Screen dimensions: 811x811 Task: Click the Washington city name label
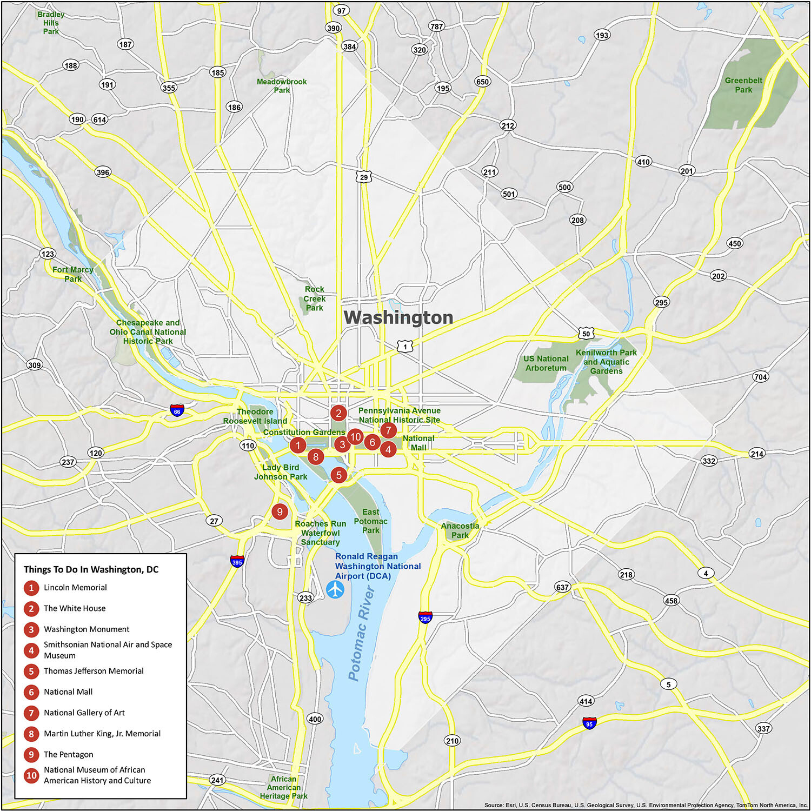[x=398, y=317]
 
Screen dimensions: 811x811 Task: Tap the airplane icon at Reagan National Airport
[x=335, y=589]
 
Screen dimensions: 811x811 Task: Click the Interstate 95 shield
[x=589, y=723]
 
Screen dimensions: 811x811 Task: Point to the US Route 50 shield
[x=586, y=334]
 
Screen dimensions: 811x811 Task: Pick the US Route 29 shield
[x=364, y=177]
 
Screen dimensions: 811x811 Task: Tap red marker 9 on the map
[x=280, y=511]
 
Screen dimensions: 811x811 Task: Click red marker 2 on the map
[x=338, y=414]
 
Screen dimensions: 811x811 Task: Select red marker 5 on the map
[x=338, y=475]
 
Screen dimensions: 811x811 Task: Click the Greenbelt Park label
[x=743, y=85]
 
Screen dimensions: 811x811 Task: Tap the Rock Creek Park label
[x=314, y=298]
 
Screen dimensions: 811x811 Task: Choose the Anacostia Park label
[x=460, y=530]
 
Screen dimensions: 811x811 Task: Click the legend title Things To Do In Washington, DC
[x=91, y=569]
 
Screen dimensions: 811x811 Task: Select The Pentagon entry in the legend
[x=68, y=754]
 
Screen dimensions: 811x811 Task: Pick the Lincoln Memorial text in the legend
[x=75, y=588]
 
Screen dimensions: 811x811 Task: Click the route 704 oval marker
[x=760, y=377]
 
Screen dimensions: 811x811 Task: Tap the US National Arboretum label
[x=546, y=363]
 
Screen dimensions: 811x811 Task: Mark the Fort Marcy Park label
[x=73, y=274]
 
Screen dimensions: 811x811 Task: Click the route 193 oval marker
[x=602, y=35]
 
